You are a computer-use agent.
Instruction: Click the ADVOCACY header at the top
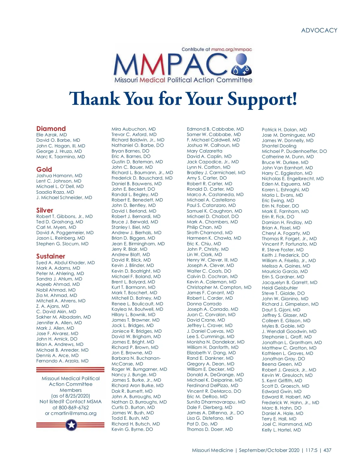(x=319, y=30)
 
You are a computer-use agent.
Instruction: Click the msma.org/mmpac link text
(x=231, y=49)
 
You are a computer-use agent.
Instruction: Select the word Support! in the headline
(x=262, y=99)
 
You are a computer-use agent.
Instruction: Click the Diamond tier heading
(x=51, y=129)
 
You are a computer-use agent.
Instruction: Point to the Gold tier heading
(x=44, y=169)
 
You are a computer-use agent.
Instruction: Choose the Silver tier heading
(x=45, y=210)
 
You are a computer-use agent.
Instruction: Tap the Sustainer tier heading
(x=51, y=256)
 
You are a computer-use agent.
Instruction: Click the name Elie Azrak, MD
(x=52, y=135)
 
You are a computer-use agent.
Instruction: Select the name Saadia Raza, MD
(x=55, y=192)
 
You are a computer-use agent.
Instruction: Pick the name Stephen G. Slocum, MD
(x=62, y=244)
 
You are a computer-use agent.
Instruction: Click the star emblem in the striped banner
(x=71, y=425)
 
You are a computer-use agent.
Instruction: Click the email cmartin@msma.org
(x=74, y=413)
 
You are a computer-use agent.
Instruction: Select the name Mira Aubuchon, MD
(x=134, y=129)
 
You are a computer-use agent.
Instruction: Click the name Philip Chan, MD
(x=204, y=227)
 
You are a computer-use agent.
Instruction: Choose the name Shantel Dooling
(x=279, y=146)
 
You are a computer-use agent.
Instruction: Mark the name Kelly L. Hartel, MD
(x=281, y=430)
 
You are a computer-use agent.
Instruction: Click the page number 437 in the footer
(x=327, y=450)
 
